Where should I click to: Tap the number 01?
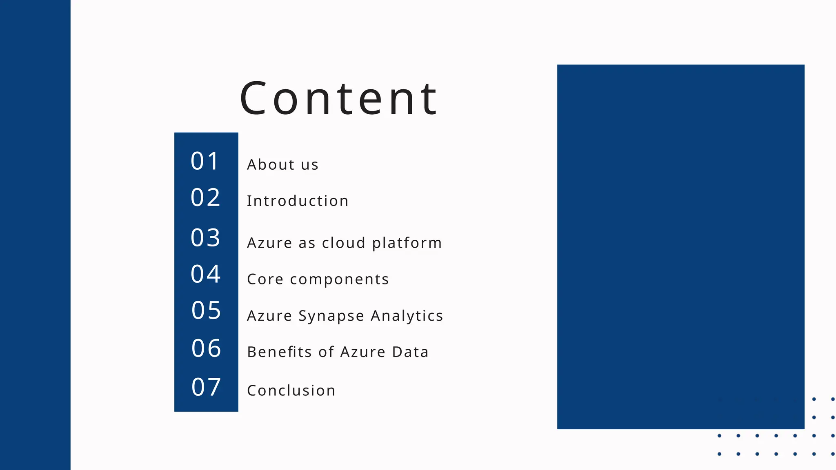(205, 161)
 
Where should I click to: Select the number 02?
(205, 197)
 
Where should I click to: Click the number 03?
(205, 237)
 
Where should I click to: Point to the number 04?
(205, 274)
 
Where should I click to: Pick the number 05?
(206, 310)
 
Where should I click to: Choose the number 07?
(206, 387)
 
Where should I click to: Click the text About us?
(282, 164)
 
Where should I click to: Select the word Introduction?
(298, 201)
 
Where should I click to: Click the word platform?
(407, 243)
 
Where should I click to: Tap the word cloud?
(343, 243)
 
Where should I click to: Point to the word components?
(339, 280)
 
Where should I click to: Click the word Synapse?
(331, 316)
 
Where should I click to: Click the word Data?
(410, 352)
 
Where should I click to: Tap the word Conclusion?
(291, 390)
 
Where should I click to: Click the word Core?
(265, 279)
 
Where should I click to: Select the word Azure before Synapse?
(269, 316)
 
